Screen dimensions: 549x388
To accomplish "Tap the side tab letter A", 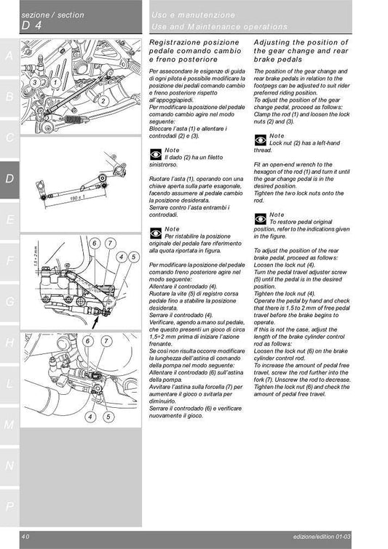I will click(9, 56).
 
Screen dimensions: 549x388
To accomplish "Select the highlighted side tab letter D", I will click(9, 178).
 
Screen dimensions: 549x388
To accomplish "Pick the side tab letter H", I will click(9, 342).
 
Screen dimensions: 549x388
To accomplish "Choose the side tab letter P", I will click(9, 505).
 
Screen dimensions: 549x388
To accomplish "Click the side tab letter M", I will click(9, 424).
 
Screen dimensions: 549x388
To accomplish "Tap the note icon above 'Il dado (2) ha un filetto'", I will click(154, 154).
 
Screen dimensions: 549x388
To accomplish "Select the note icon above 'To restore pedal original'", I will click(260, 218).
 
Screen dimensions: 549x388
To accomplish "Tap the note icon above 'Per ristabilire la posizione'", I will click(154, 233).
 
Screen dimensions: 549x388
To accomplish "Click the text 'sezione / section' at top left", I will click(52, 15).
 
